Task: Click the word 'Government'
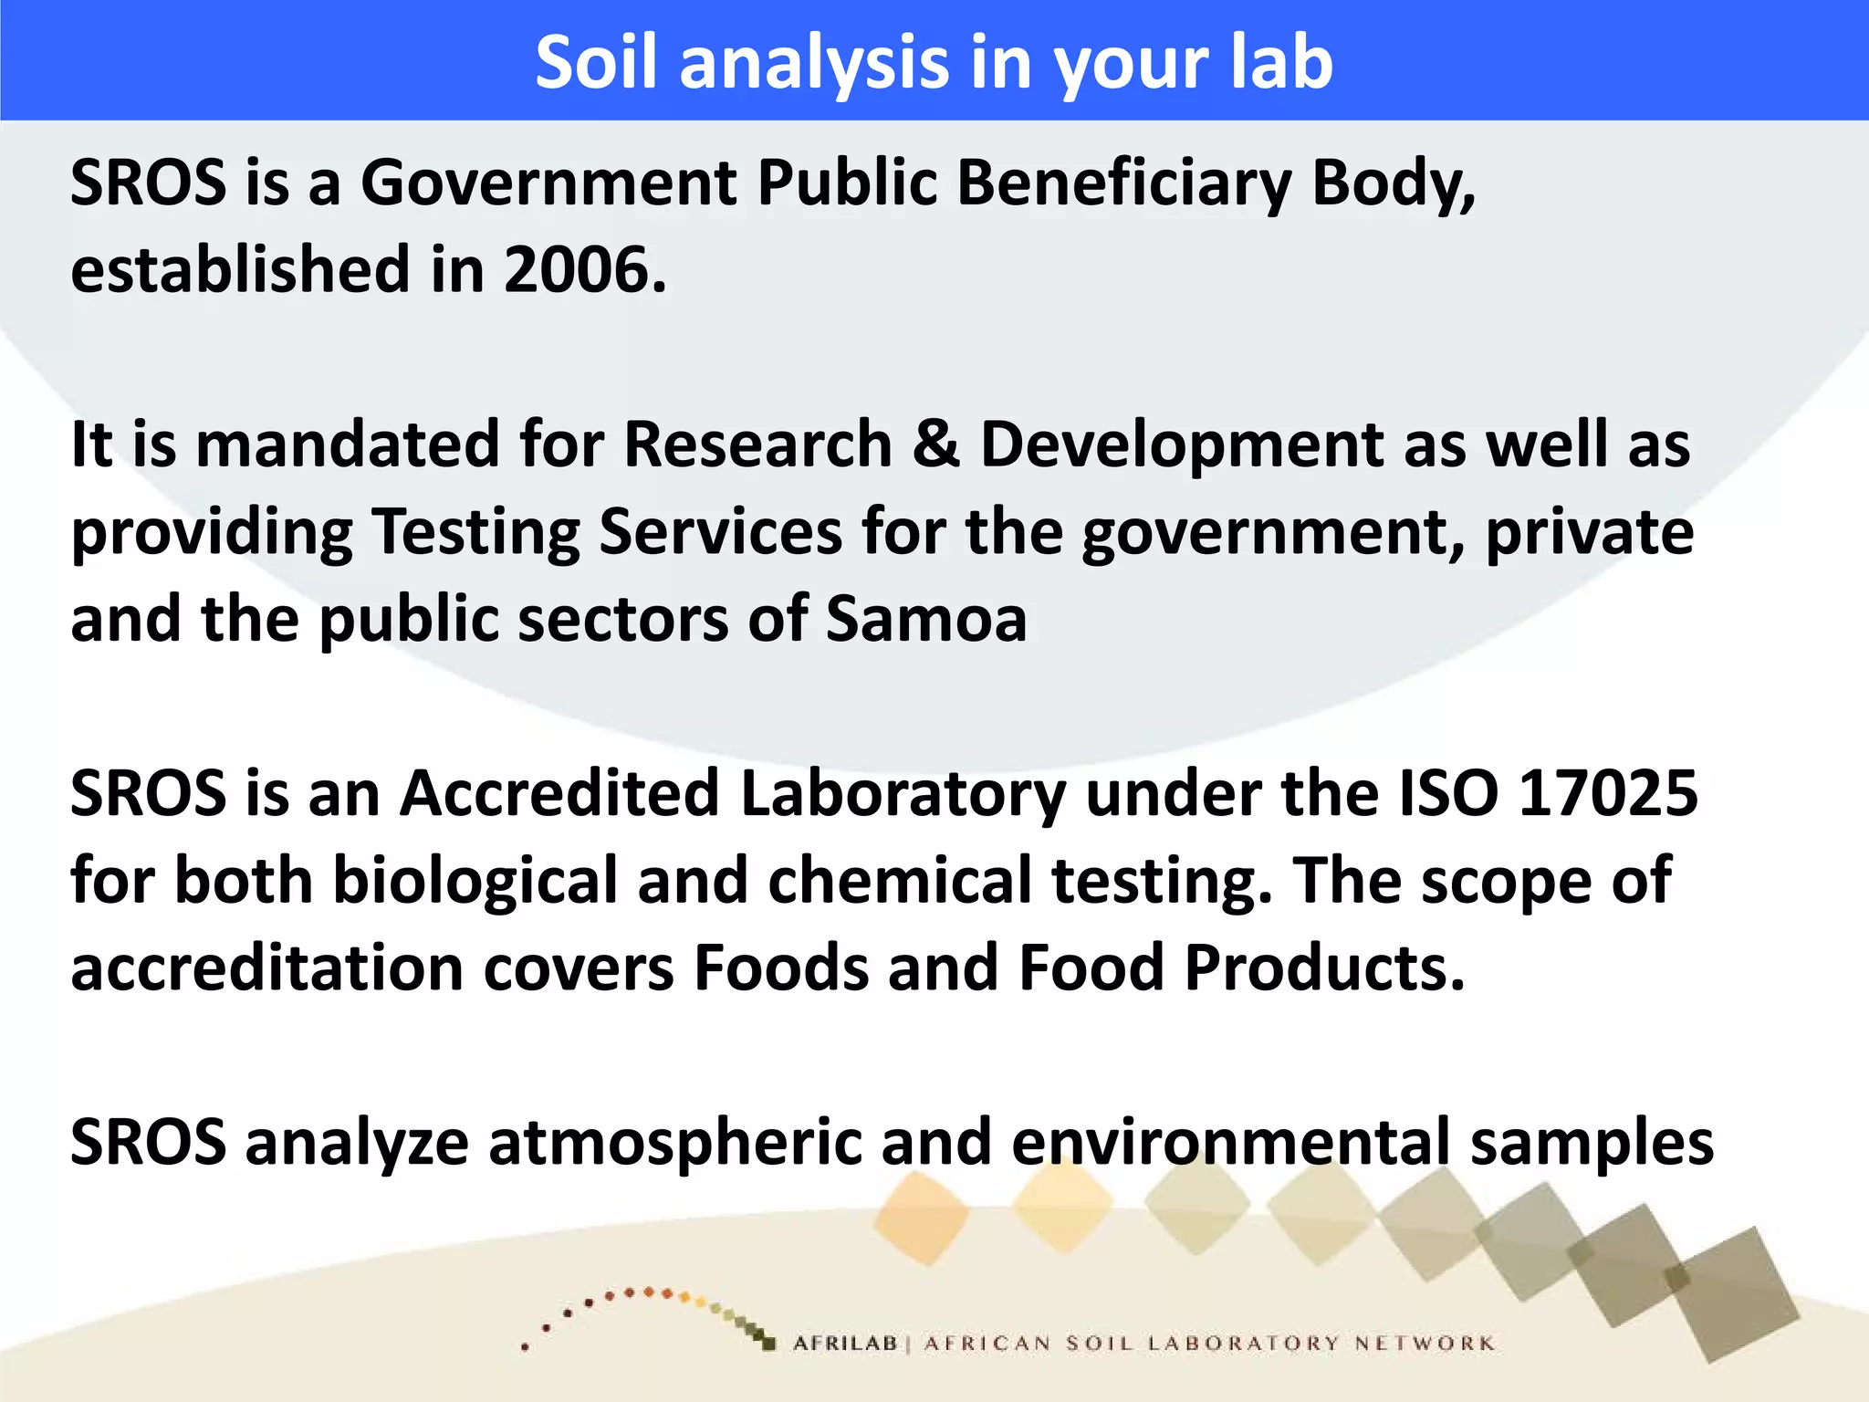548,183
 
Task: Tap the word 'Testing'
475,532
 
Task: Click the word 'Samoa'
926,619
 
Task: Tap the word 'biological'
475,881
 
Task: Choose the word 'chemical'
899,881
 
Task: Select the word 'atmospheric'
675,1143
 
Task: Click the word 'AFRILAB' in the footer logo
845,1344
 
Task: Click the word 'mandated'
347,445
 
